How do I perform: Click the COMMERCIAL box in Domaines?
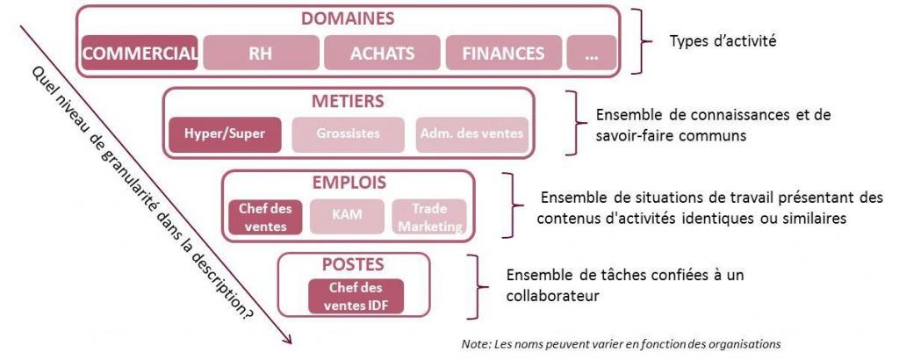pyautogui.click(x=139, y=53)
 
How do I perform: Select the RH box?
pyautogui.click(x=260, y=53)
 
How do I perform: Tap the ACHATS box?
pyautogui.click(x=382, y=53)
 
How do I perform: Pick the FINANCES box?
pyautogui.click(x=502, y=53)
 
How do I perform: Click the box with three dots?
pyautogui.click(x=591, y=53)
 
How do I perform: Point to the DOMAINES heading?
pyautogui.click(x=348, y=18)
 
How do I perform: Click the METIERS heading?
pyautogui.click(x=349, y=101)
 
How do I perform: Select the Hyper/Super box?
pyautogui.click(x=226, y=134)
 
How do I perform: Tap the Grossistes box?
pyautogui.click(x=348, y=134)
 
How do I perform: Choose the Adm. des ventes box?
pyautogui.click(x=471, y=134)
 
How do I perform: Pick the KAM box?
pyautogui.click(x=348, y=216)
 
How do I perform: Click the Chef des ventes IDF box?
pyautogui.click(x=356, y=296)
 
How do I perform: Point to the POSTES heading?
pyautogui.click(x=354, y=263)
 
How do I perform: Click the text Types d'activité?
pyautogui.click(x=723, y=41)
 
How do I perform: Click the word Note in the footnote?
pyautogui.click(x=476, y=343)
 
